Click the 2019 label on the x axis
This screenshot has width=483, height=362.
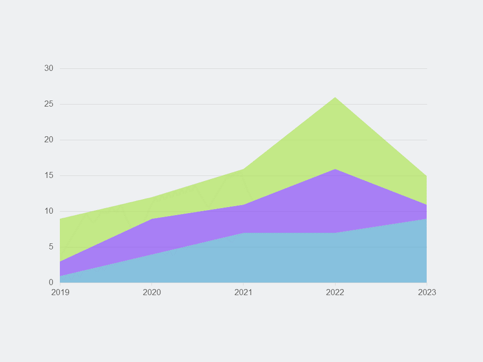60,293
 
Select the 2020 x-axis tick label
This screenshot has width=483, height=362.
152,293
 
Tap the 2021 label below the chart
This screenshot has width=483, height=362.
244,293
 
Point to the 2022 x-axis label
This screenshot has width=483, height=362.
335,293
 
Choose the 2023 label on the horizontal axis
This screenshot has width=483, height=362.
427,293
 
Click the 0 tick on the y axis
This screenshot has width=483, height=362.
51,283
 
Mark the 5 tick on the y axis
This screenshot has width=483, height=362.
51,247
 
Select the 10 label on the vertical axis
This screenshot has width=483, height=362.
49,211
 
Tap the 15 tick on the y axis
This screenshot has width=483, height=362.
49,175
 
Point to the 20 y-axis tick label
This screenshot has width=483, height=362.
49,140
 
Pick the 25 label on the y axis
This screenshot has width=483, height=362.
49,104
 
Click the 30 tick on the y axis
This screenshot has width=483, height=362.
49,68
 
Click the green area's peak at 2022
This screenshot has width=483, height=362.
335,98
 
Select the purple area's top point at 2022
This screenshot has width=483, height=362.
335,169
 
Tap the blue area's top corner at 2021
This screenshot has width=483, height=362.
244,233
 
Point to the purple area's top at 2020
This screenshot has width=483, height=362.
152,219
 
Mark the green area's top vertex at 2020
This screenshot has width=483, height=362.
152,197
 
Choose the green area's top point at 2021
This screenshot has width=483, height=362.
244,169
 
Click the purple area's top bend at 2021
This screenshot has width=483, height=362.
244,205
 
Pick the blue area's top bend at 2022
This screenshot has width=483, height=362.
335,233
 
